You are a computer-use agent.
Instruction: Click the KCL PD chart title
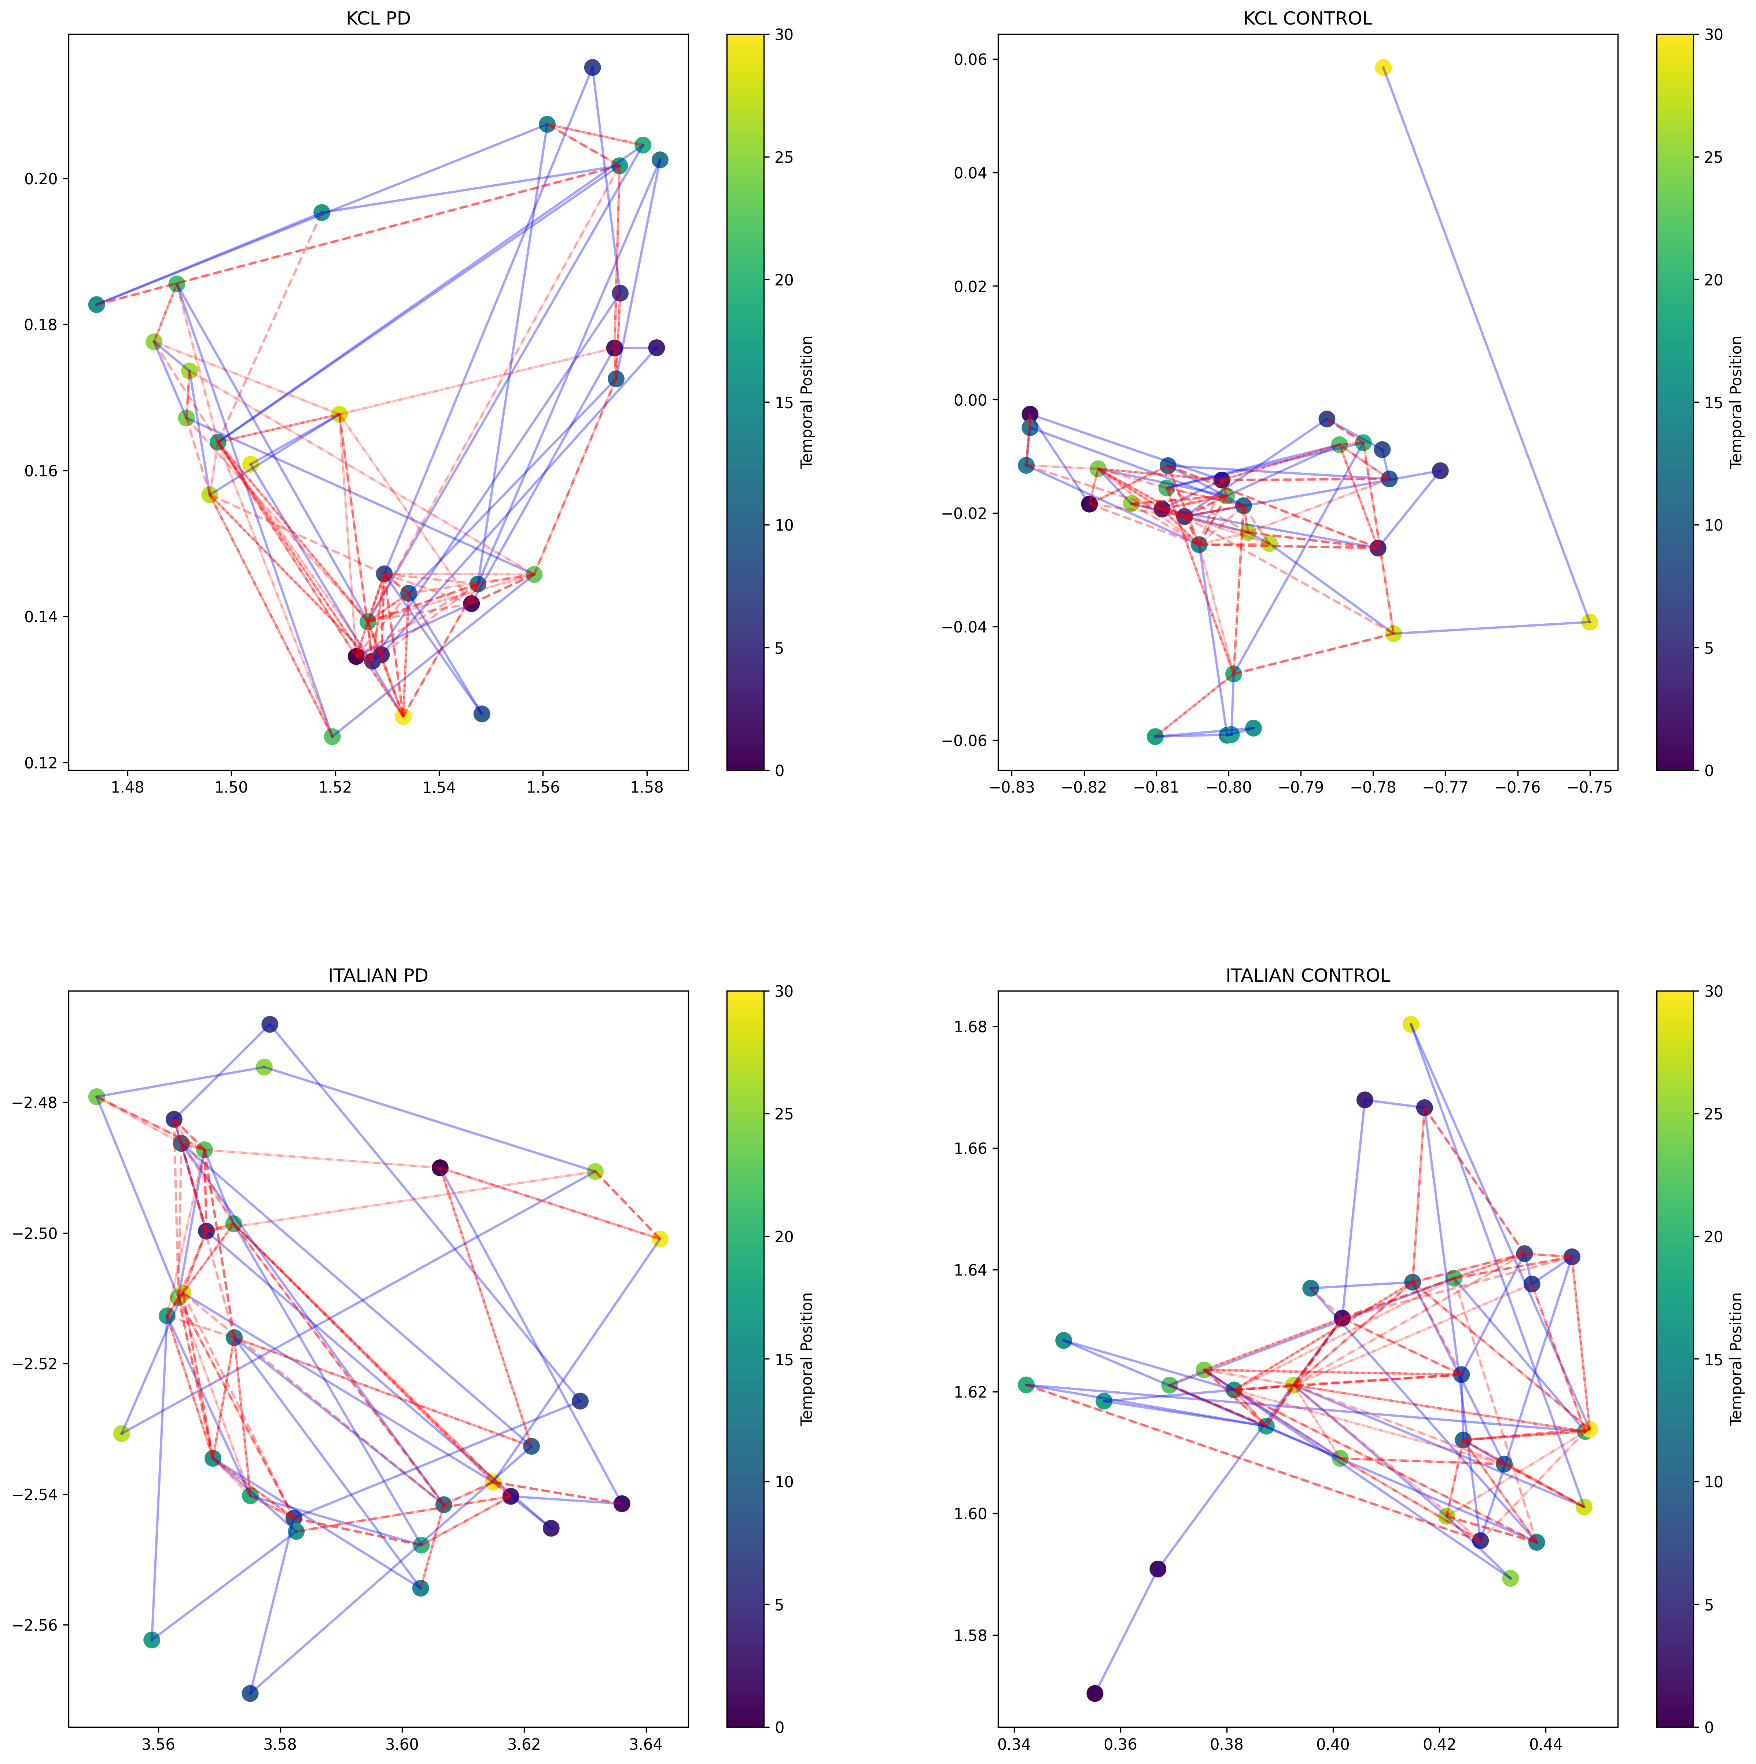378,18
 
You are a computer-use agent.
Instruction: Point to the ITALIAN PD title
378,975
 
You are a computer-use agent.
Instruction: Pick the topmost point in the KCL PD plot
593,67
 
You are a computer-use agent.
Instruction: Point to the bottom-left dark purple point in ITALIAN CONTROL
1095,1694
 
